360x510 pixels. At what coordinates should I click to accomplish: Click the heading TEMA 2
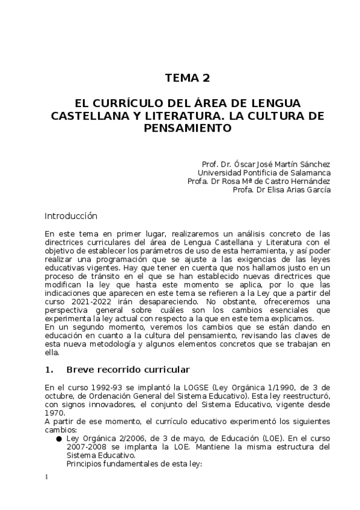pos(188,78)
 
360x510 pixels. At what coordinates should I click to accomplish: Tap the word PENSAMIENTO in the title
pos(188,128)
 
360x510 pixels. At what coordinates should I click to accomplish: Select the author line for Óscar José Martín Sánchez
pos(266,164)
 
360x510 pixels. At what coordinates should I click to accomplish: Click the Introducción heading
pos(71,215)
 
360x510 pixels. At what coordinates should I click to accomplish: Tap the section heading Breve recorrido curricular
pos(128,369)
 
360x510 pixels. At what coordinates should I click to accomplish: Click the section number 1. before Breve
pos(49,369)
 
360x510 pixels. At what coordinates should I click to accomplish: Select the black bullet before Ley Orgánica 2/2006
pos(59,439)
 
